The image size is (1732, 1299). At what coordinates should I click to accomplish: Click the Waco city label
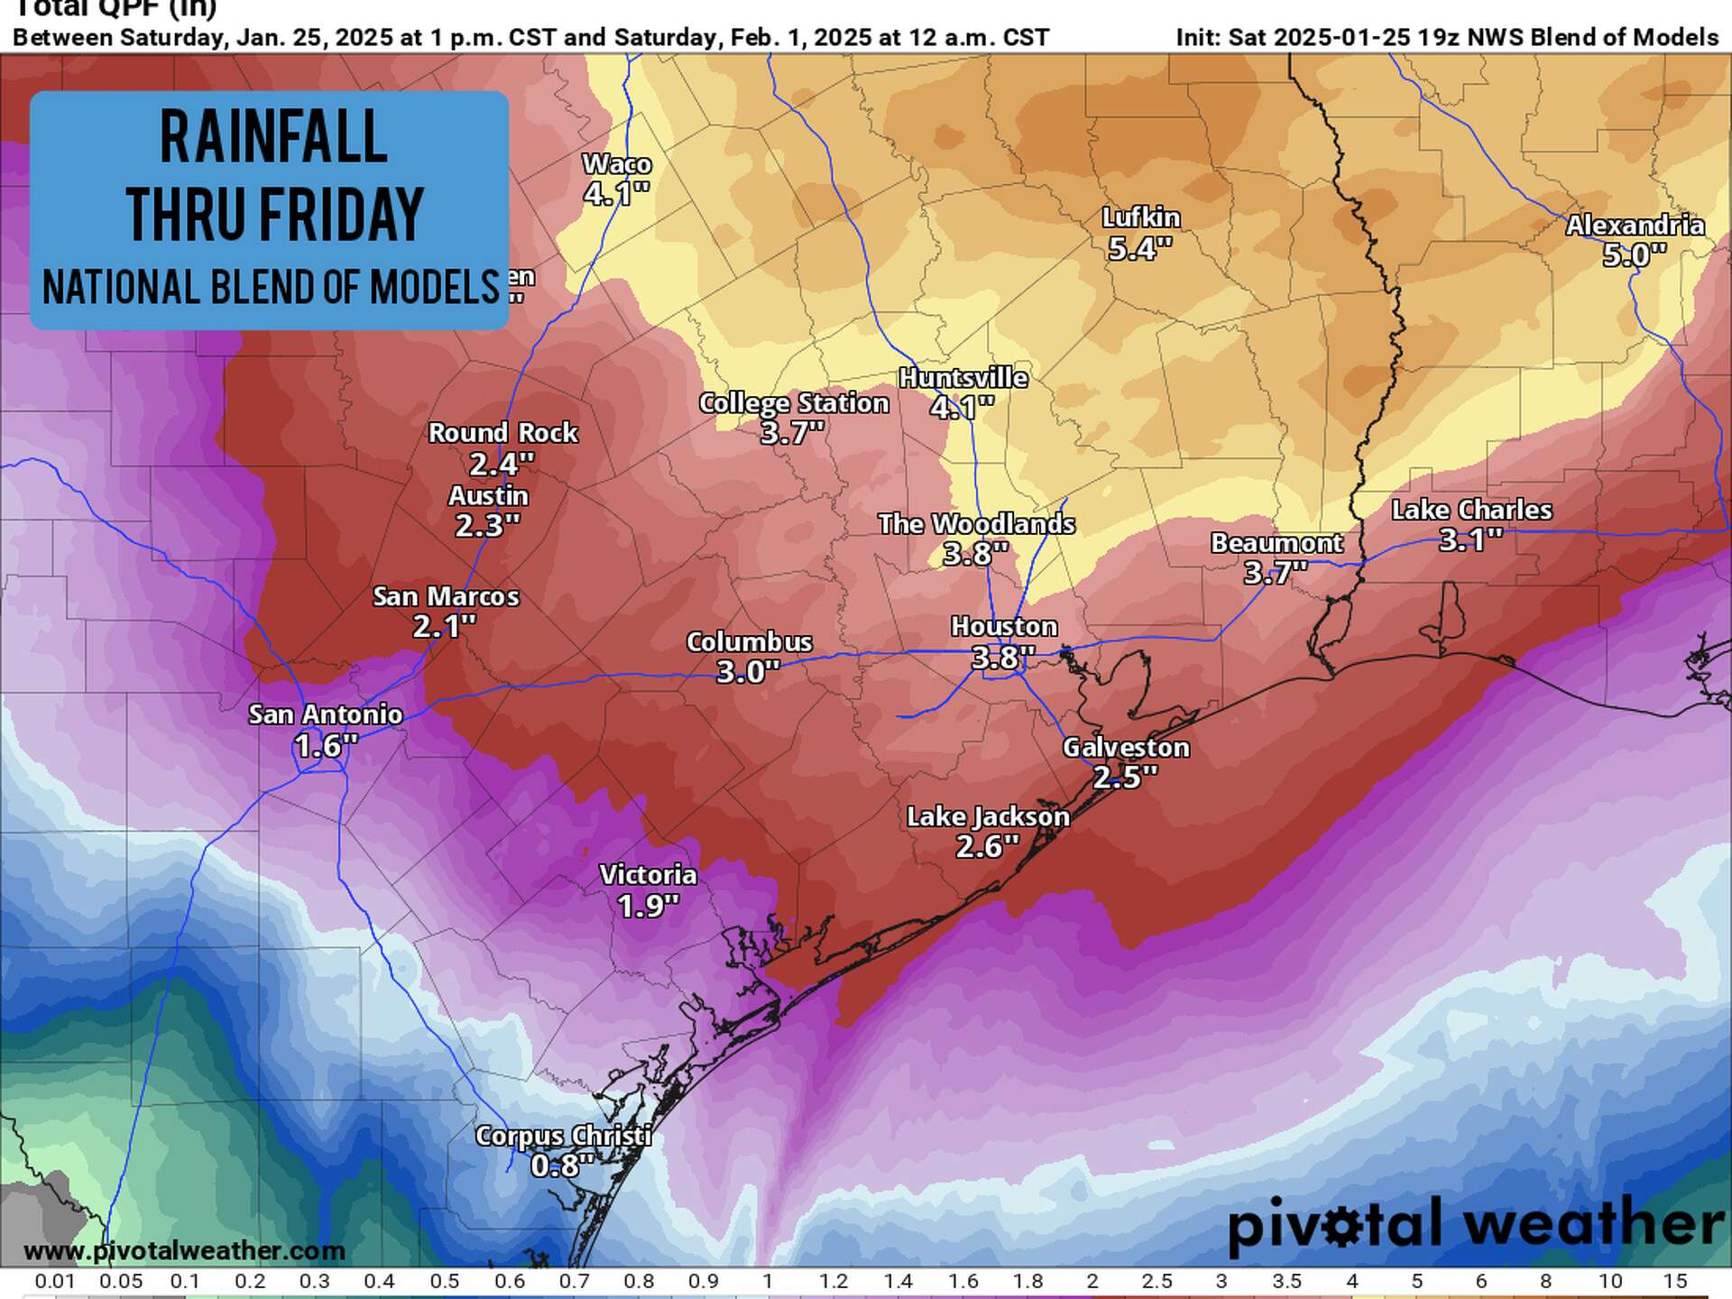click(616, 164)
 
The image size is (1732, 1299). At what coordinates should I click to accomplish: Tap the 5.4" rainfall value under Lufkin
click(1139, 248)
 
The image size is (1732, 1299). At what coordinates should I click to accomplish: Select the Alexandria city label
click(1635, 225)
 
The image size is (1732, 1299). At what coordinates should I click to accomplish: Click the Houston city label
click(1003, 626)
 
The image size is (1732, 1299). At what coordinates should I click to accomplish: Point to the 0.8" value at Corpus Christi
click(562, 1165)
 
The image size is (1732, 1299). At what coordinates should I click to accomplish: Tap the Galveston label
click(1125, 747)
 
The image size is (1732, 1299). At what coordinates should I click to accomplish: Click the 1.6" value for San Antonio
click(326, 745)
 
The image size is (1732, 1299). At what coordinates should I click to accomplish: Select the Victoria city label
click(648, 874)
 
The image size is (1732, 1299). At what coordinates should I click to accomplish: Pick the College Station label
click(794, 403)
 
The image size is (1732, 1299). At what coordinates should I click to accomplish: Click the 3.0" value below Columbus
click(747, 671)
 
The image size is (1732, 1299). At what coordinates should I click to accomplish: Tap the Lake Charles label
click(1471, 510)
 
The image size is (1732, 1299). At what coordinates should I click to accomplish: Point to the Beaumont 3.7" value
click(1276, 572)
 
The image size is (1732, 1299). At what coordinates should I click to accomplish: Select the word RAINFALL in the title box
click(273, 137)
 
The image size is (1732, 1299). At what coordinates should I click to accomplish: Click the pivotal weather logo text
click(1476, 1225)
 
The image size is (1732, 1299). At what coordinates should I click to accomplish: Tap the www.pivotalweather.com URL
click(184, 1250)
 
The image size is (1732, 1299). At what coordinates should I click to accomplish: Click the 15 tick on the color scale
click(1674, 1281)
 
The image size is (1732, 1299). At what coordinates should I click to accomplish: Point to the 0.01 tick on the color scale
click(54, 1281)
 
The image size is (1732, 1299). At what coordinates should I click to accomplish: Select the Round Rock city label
click(502, 433)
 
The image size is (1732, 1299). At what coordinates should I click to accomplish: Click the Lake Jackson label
click(988, 816)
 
